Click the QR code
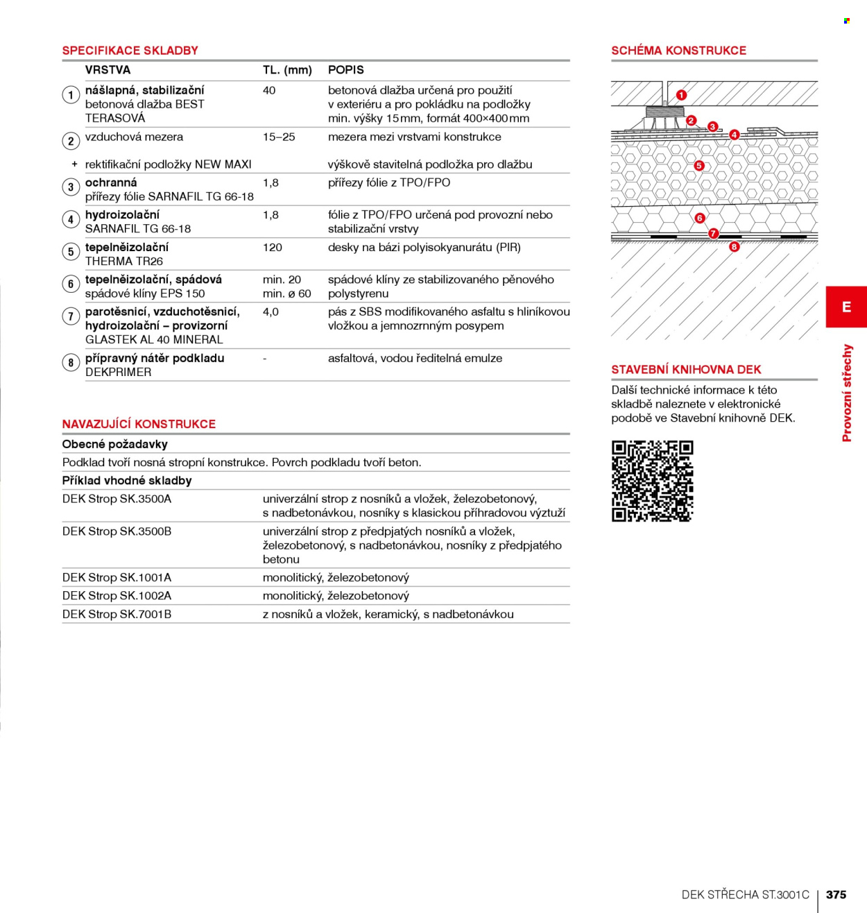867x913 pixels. [x=653, y=481]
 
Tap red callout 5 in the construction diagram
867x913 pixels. [x=699, y=165]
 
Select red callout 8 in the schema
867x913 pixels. [x=734, y=246]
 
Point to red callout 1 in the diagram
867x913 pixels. [x=681, y=95]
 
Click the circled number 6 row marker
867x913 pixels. [x=71, y=284]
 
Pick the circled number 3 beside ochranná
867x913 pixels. [x=71, y=187]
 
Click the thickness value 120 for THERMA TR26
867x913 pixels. [x=272, y=247]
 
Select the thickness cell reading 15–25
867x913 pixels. [x=279, y=137]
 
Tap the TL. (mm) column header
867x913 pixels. [x=287, y=70]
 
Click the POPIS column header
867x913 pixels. [x=346, y=70]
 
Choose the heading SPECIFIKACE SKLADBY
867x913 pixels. [x=130, y=51]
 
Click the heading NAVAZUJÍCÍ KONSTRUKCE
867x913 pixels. [x=139, y=424]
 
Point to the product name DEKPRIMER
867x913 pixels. [x=119, y=372]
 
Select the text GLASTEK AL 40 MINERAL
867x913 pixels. [x=154, y=339]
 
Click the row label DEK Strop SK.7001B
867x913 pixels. [x=117, y=614]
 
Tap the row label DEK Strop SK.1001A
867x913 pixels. [x=117, y=577]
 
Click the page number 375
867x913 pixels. [x=836, y=894]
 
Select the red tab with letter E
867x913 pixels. [x=846, y=307]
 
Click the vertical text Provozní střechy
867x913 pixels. [x=847, y=393]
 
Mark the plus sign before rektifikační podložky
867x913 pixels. [x=74, y=164]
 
